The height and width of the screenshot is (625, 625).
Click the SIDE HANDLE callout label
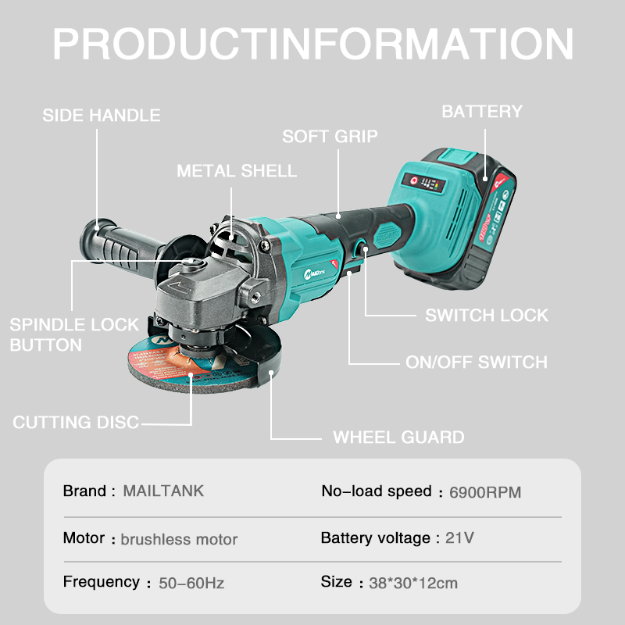coord(102,115)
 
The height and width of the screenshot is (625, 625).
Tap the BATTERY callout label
coord(482,112)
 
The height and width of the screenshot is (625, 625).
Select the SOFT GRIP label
coord(330,136)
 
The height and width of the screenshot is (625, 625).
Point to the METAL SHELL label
coord(237,171)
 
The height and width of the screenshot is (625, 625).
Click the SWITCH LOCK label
coord(487,316)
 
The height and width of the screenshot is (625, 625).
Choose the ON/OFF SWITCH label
coord(477,362)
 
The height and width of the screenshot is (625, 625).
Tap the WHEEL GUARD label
coord(398,437)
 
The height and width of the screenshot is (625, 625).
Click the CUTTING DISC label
coord(76,422)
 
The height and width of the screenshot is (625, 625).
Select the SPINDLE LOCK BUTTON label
coord(74,335)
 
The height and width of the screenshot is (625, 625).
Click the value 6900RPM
coord(485,492)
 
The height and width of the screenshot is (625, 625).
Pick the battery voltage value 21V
coord(459,537)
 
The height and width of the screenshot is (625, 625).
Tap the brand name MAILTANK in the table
coord(163,491)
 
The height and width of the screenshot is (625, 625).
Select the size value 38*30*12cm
coord(413,583)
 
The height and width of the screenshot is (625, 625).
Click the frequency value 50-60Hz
coord(191,583)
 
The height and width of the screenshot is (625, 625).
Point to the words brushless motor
coord(179,539)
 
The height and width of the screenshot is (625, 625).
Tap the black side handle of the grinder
coord(116,245)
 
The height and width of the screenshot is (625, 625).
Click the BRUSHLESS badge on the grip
coord(387,236)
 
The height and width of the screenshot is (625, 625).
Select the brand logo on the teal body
coord(315,273)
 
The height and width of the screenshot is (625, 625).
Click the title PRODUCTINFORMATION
coord(313,44)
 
